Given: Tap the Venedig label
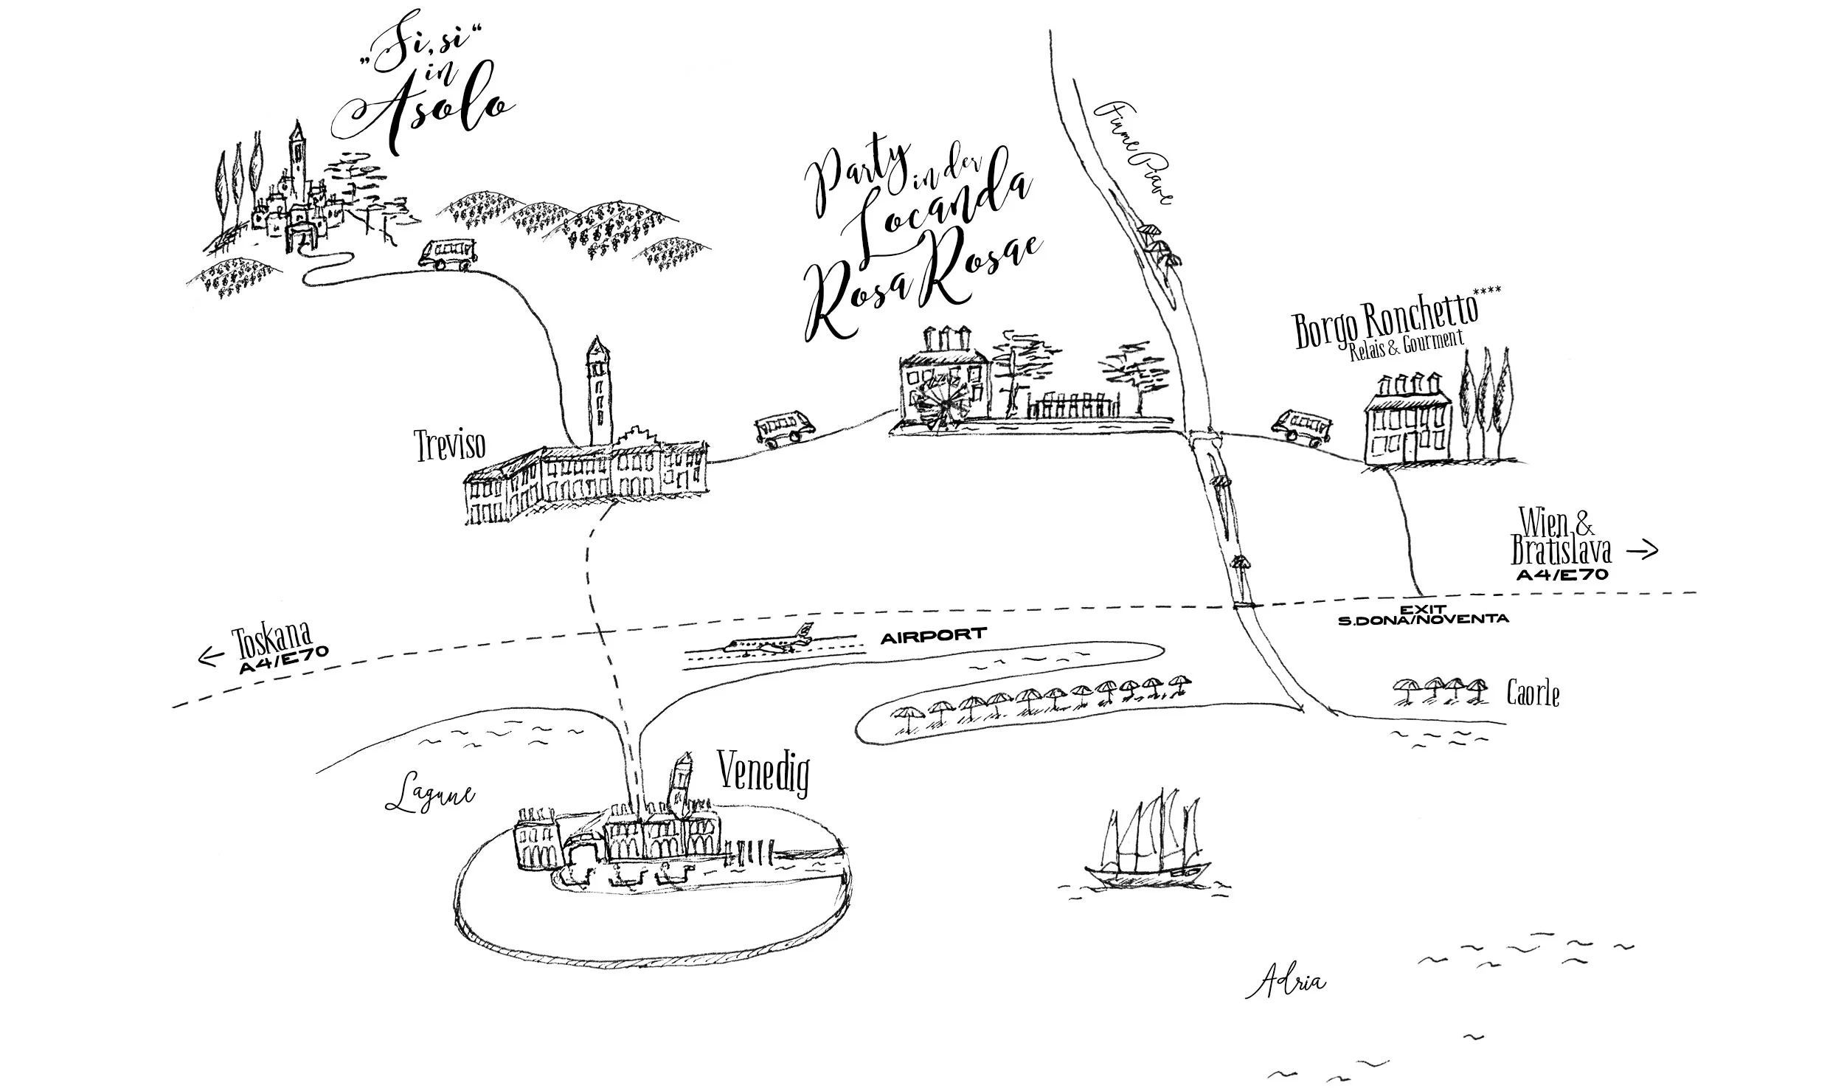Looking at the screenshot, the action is coord(763,775).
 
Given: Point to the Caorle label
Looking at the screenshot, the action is coord(1533,694).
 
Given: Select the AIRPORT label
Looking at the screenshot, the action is coord(933,634).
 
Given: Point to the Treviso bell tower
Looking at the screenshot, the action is coord(598,391).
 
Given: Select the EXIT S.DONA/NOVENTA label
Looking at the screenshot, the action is coord(1423,614).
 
